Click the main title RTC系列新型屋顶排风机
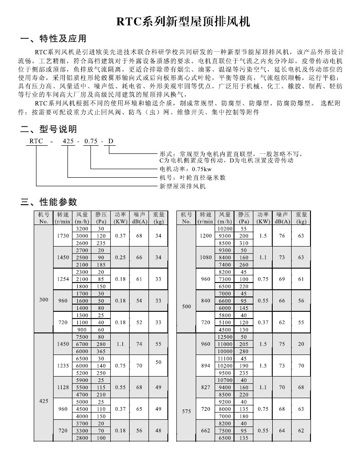click(x=180, y=21)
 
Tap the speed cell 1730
click(x=64, y=236)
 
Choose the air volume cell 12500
click(x=225, y=337)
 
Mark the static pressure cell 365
click(x=101, y=351)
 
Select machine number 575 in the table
click(x=186, y=410)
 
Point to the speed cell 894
click(x=206, y=366)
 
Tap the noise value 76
click(x=282, y=236)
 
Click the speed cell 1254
click(x=64, y=279)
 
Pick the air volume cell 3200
click(x=82, y=229)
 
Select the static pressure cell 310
click(x=243, y=243)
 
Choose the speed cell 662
click(x=206, y=431)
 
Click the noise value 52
click(x=139, y=322)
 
